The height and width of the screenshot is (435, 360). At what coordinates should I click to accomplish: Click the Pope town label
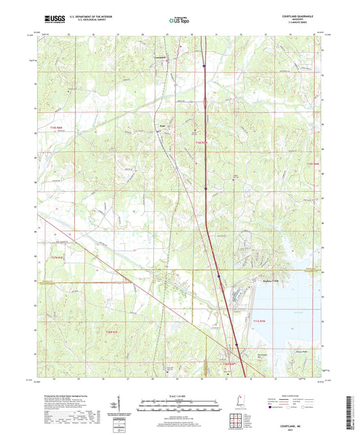[163, 125]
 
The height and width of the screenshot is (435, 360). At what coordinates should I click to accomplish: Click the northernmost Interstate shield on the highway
[203, 66]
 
